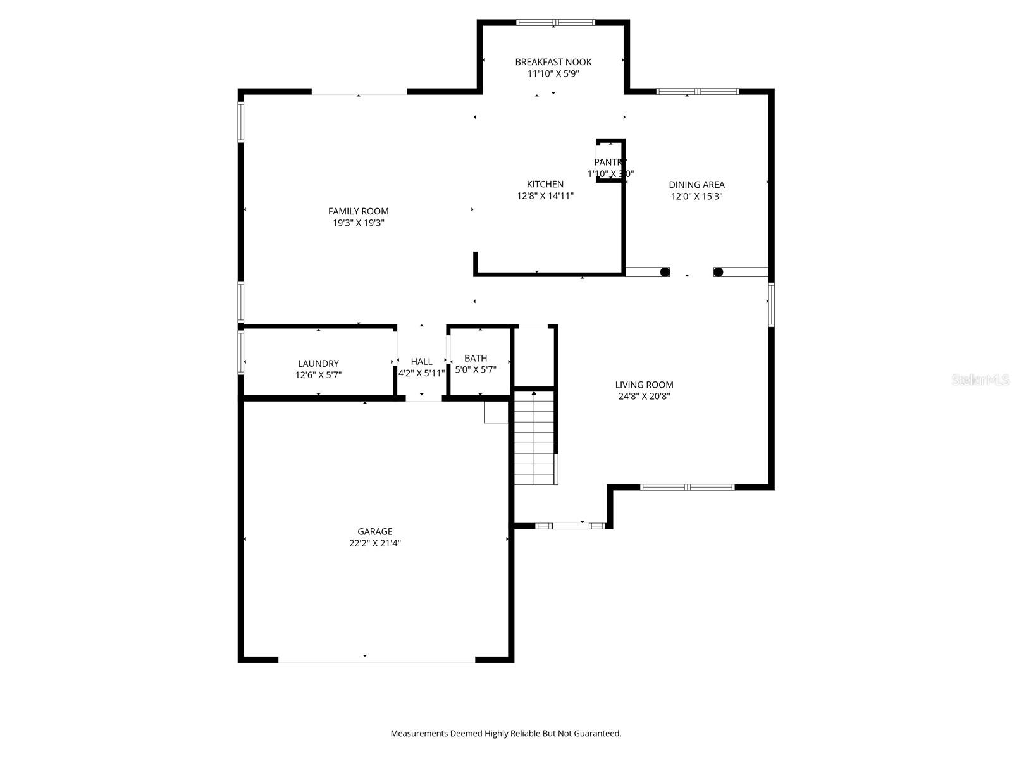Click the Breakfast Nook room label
pyautogui.click(x=553, y=61)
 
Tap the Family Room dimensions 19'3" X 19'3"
pyautogui.click(x=358, y=223)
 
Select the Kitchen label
pyautogui.click(x=545, y=184)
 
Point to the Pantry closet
pyautogui.click(x=610, y=161)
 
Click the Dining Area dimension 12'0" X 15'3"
pyautogui.click(x=696, y=196)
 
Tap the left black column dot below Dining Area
pyautogui.click(x=665, y=272)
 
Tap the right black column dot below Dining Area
pyautogui.click(x=718, y=272)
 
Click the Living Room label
pyautogui.click(x=644, y=385)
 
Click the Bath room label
pyautogui.click(x=476, y=358)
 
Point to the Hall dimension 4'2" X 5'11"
pyautogui.click(x=421, y=373)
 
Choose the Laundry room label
pyautogui.click(x=318, y=363)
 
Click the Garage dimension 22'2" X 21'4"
pyautogui.click(x=374, y=543)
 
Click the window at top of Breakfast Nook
pyautogui.click(x=555, y=23)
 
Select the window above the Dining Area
pyautogui.click(x=697, y=92)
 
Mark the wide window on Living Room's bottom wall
pyautogui.click(x=687, y=487)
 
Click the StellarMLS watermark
pyautogui.click(x=980, y=379)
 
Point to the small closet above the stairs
pyautogui.click(x=533, y=355)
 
